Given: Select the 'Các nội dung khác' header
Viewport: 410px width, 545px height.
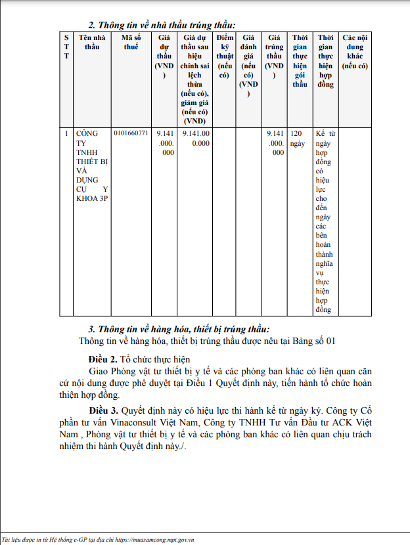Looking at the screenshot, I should click(x=355, y=52).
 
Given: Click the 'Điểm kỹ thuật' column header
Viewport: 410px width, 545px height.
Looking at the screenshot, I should click(x=225, y=56).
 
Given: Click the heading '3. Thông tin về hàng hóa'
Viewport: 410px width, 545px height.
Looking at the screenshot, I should click(x=179, y=329).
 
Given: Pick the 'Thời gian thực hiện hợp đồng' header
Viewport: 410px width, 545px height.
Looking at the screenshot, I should click(x=325, y=61).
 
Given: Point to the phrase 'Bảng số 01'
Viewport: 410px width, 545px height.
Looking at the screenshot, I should click(x=314, y=341).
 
